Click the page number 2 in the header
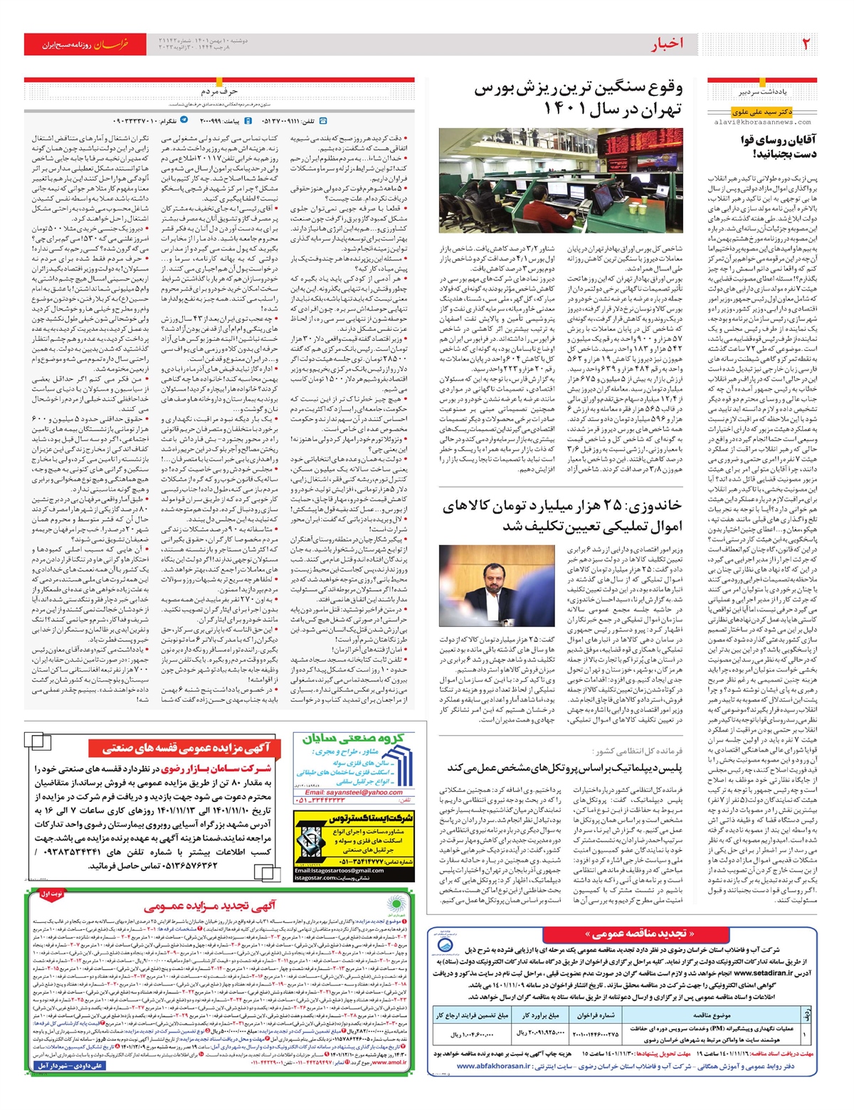(x=806, y=44)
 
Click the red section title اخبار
(x=666, y=44)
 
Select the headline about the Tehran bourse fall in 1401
(x=578, y=99)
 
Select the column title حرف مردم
(x=218, y=92)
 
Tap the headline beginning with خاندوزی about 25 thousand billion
(x=562, y=516)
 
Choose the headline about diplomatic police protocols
(x=564, y=768)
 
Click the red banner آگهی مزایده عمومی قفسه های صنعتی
(x=186, y=748)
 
